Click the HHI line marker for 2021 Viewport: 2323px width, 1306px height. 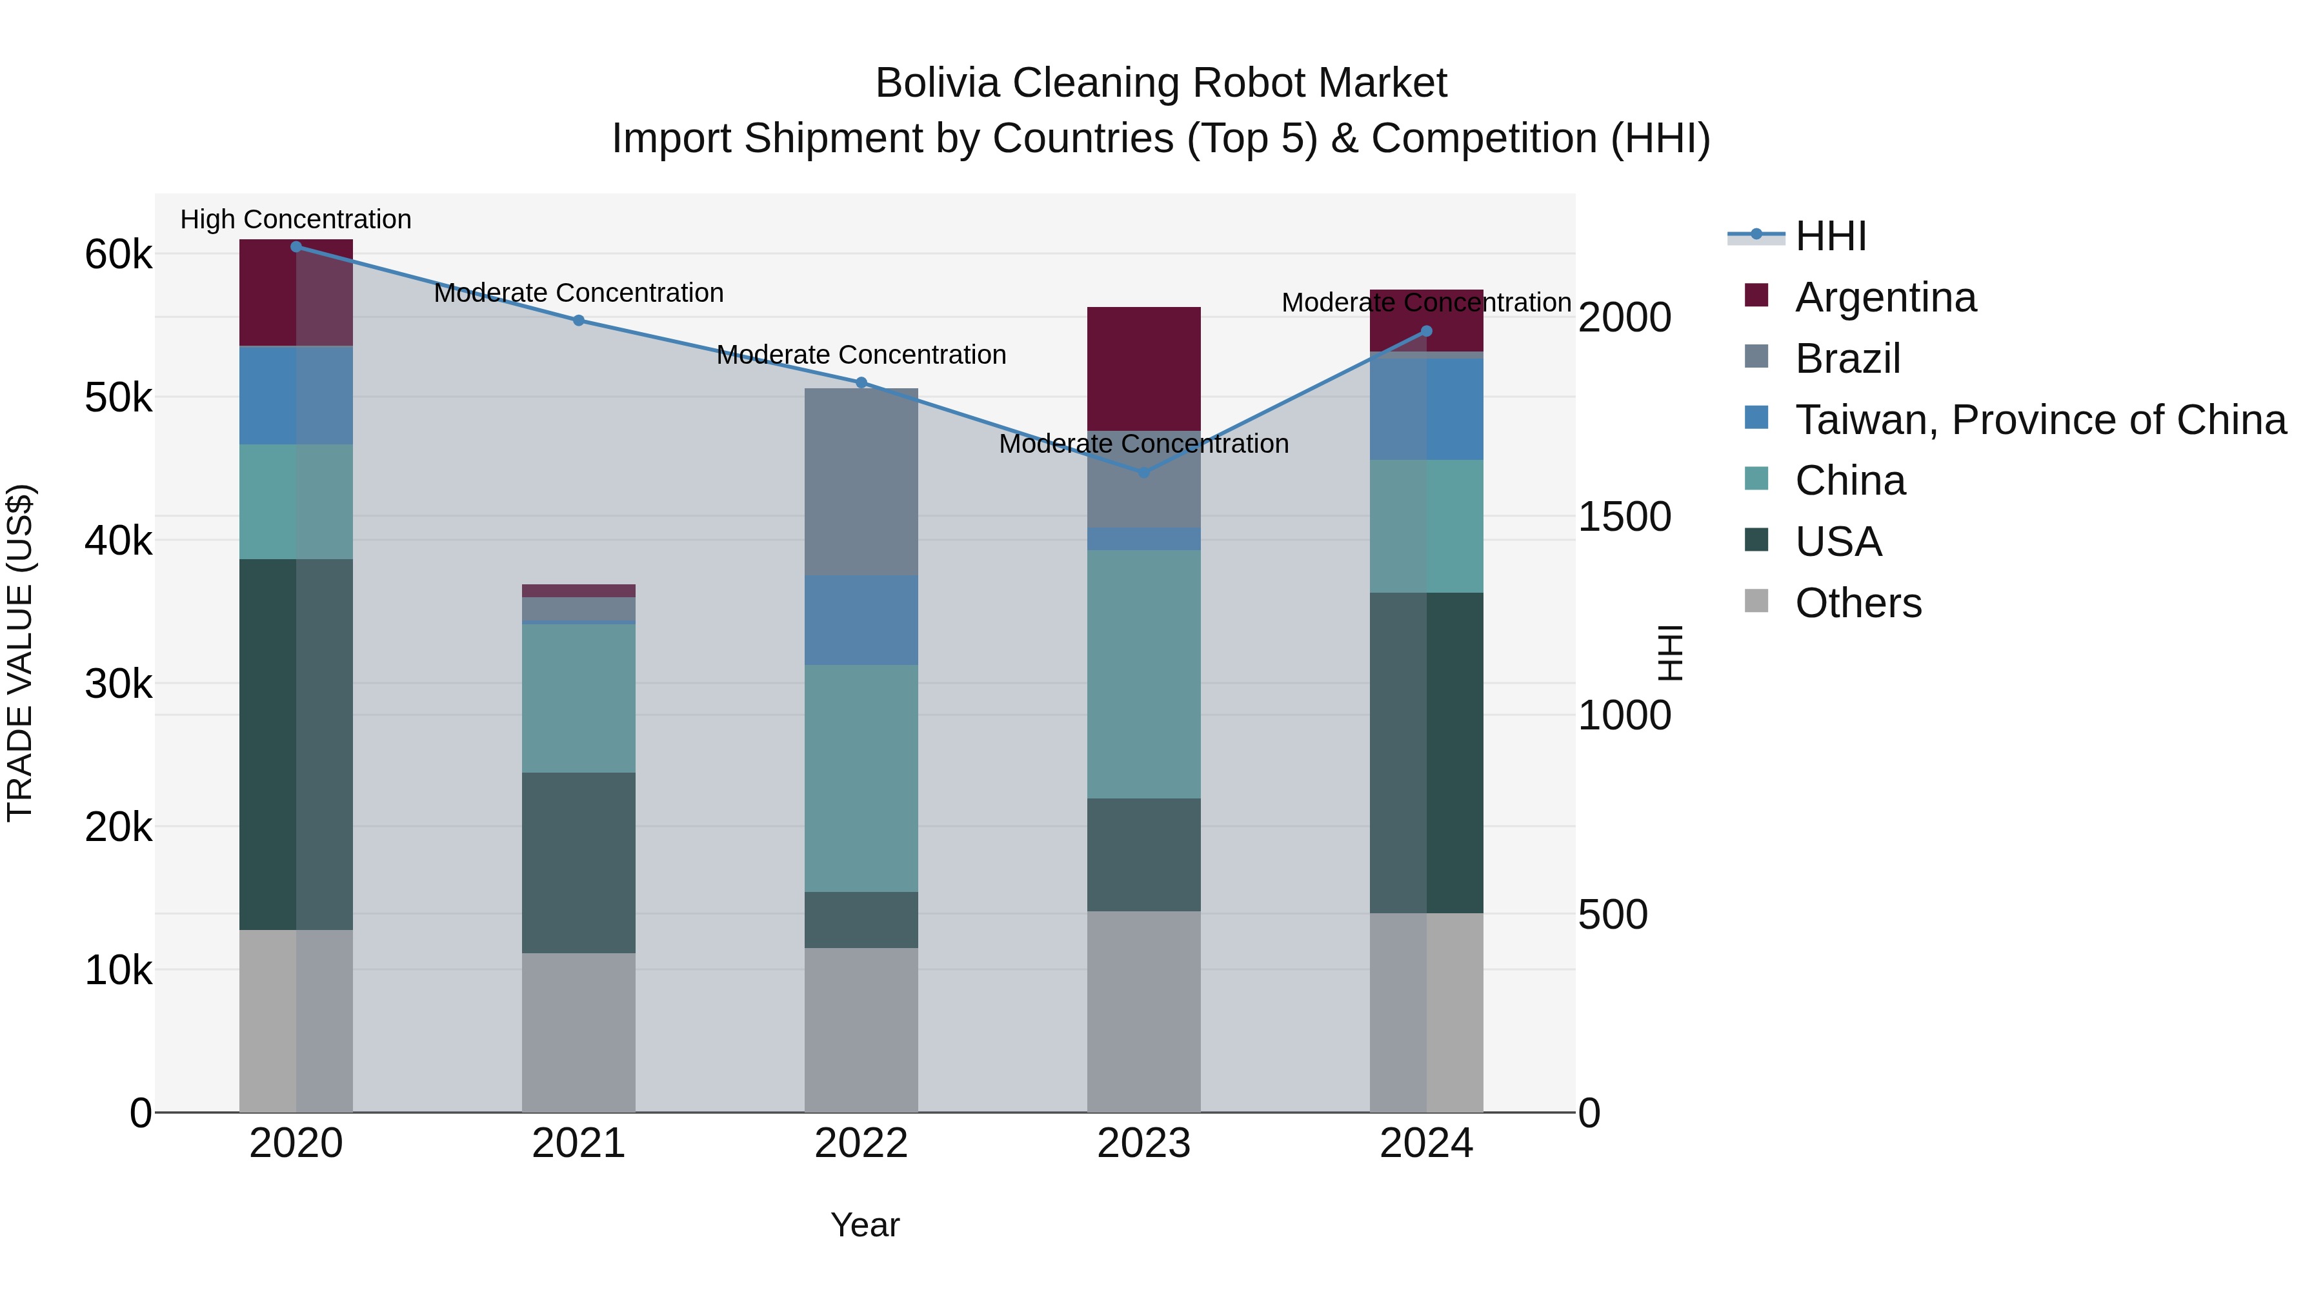tap(578, 320)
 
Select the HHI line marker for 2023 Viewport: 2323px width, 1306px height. tap(1143, 472)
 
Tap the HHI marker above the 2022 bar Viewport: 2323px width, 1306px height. tap(861, 383)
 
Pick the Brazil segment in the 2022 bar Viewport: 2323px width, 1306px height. tap(861, 482)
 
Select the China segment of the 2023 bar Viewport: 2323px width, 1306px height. tap(1143, 674)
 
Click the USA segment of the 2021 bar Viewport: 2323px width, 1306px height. tap(578, 862)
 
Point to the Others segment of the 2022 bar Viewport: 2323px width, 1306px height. tap(861, 1030)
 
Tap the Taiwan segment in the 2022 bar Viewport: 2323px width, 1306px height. tap(861, 620)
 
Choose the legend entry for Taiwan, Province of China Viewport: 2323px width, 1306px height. tap(2040, 420)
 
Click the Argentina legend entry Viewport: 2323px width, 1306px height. tap(1885, 297)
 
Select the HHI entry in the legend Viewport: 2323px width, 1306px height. tap(1830, 236)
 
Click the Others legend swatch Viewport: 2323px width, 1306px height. tap(1756, 601)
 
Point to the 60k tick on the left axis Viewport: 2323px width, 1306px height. tap(118, 255)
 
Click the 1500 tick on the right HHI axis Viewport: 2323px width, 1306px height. tap(1624, 517)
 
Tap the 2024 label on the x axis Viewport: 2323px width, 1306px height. tap(1425, 1143)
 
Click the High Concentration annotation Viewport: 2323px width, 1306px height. tap(296, 219)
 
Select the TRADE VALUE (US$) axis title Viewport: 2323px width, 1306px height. tap(20, 653)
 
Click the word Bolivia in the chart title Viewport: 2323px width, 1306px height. tap(937, 83)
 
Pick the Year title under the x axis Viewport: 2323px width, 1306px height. tap(864, 1225)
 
